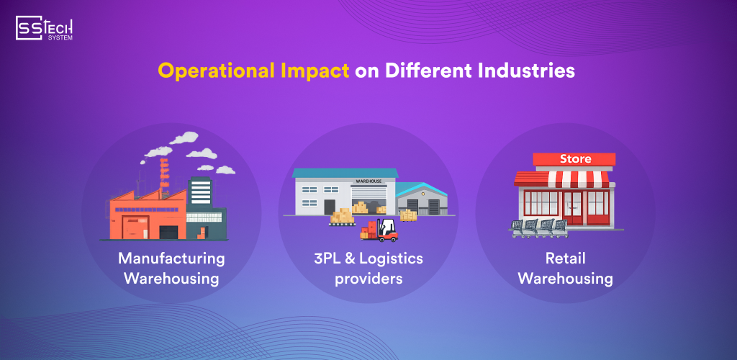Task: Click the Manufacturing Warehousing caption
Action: point(171,268)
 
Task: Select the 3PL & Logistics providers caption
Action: point(368,268)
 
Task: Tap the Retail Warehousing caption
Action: point(565,268)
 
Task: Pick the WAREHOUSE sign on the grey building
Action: point(368,182)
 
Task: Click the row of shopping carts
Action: point(538,226)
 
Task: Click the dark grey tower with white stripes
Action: point(201,192)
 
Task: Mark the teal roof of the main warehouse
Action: point(345,173)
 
